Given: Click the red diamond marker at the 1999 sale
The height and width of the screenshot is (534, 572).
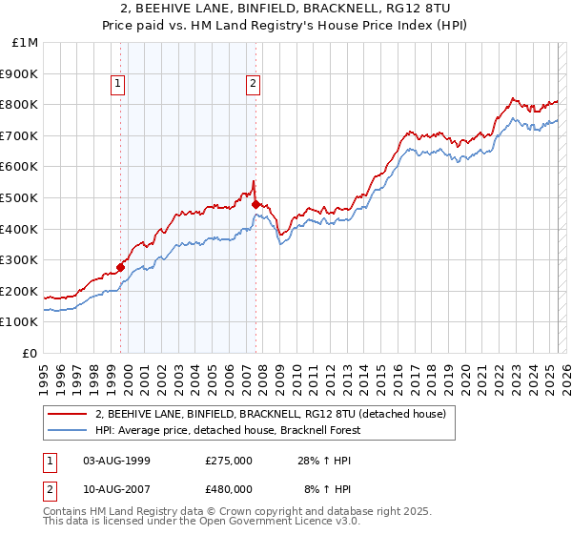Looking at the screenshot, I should [x=121, y=268].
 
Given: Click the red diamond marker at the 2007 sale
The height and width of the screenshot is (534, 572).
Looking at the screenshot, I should [x=255, y=204].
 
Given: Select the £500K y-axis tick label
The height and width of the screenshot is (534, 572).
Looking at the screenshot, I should [x=21, y=198].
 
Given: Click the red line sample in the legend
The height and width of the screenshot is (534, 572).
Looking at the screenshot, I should [x=68, y=414].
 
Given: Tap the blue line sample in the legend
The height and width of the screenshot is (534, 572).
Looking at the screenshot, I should [x=68, y=430].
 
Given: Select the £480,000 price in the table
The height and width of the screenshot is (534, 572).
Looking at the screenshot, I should [x=229, y=489].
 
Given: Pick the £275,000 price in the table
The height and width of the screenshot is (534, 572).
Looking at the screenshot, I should [x=229, y=461].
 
